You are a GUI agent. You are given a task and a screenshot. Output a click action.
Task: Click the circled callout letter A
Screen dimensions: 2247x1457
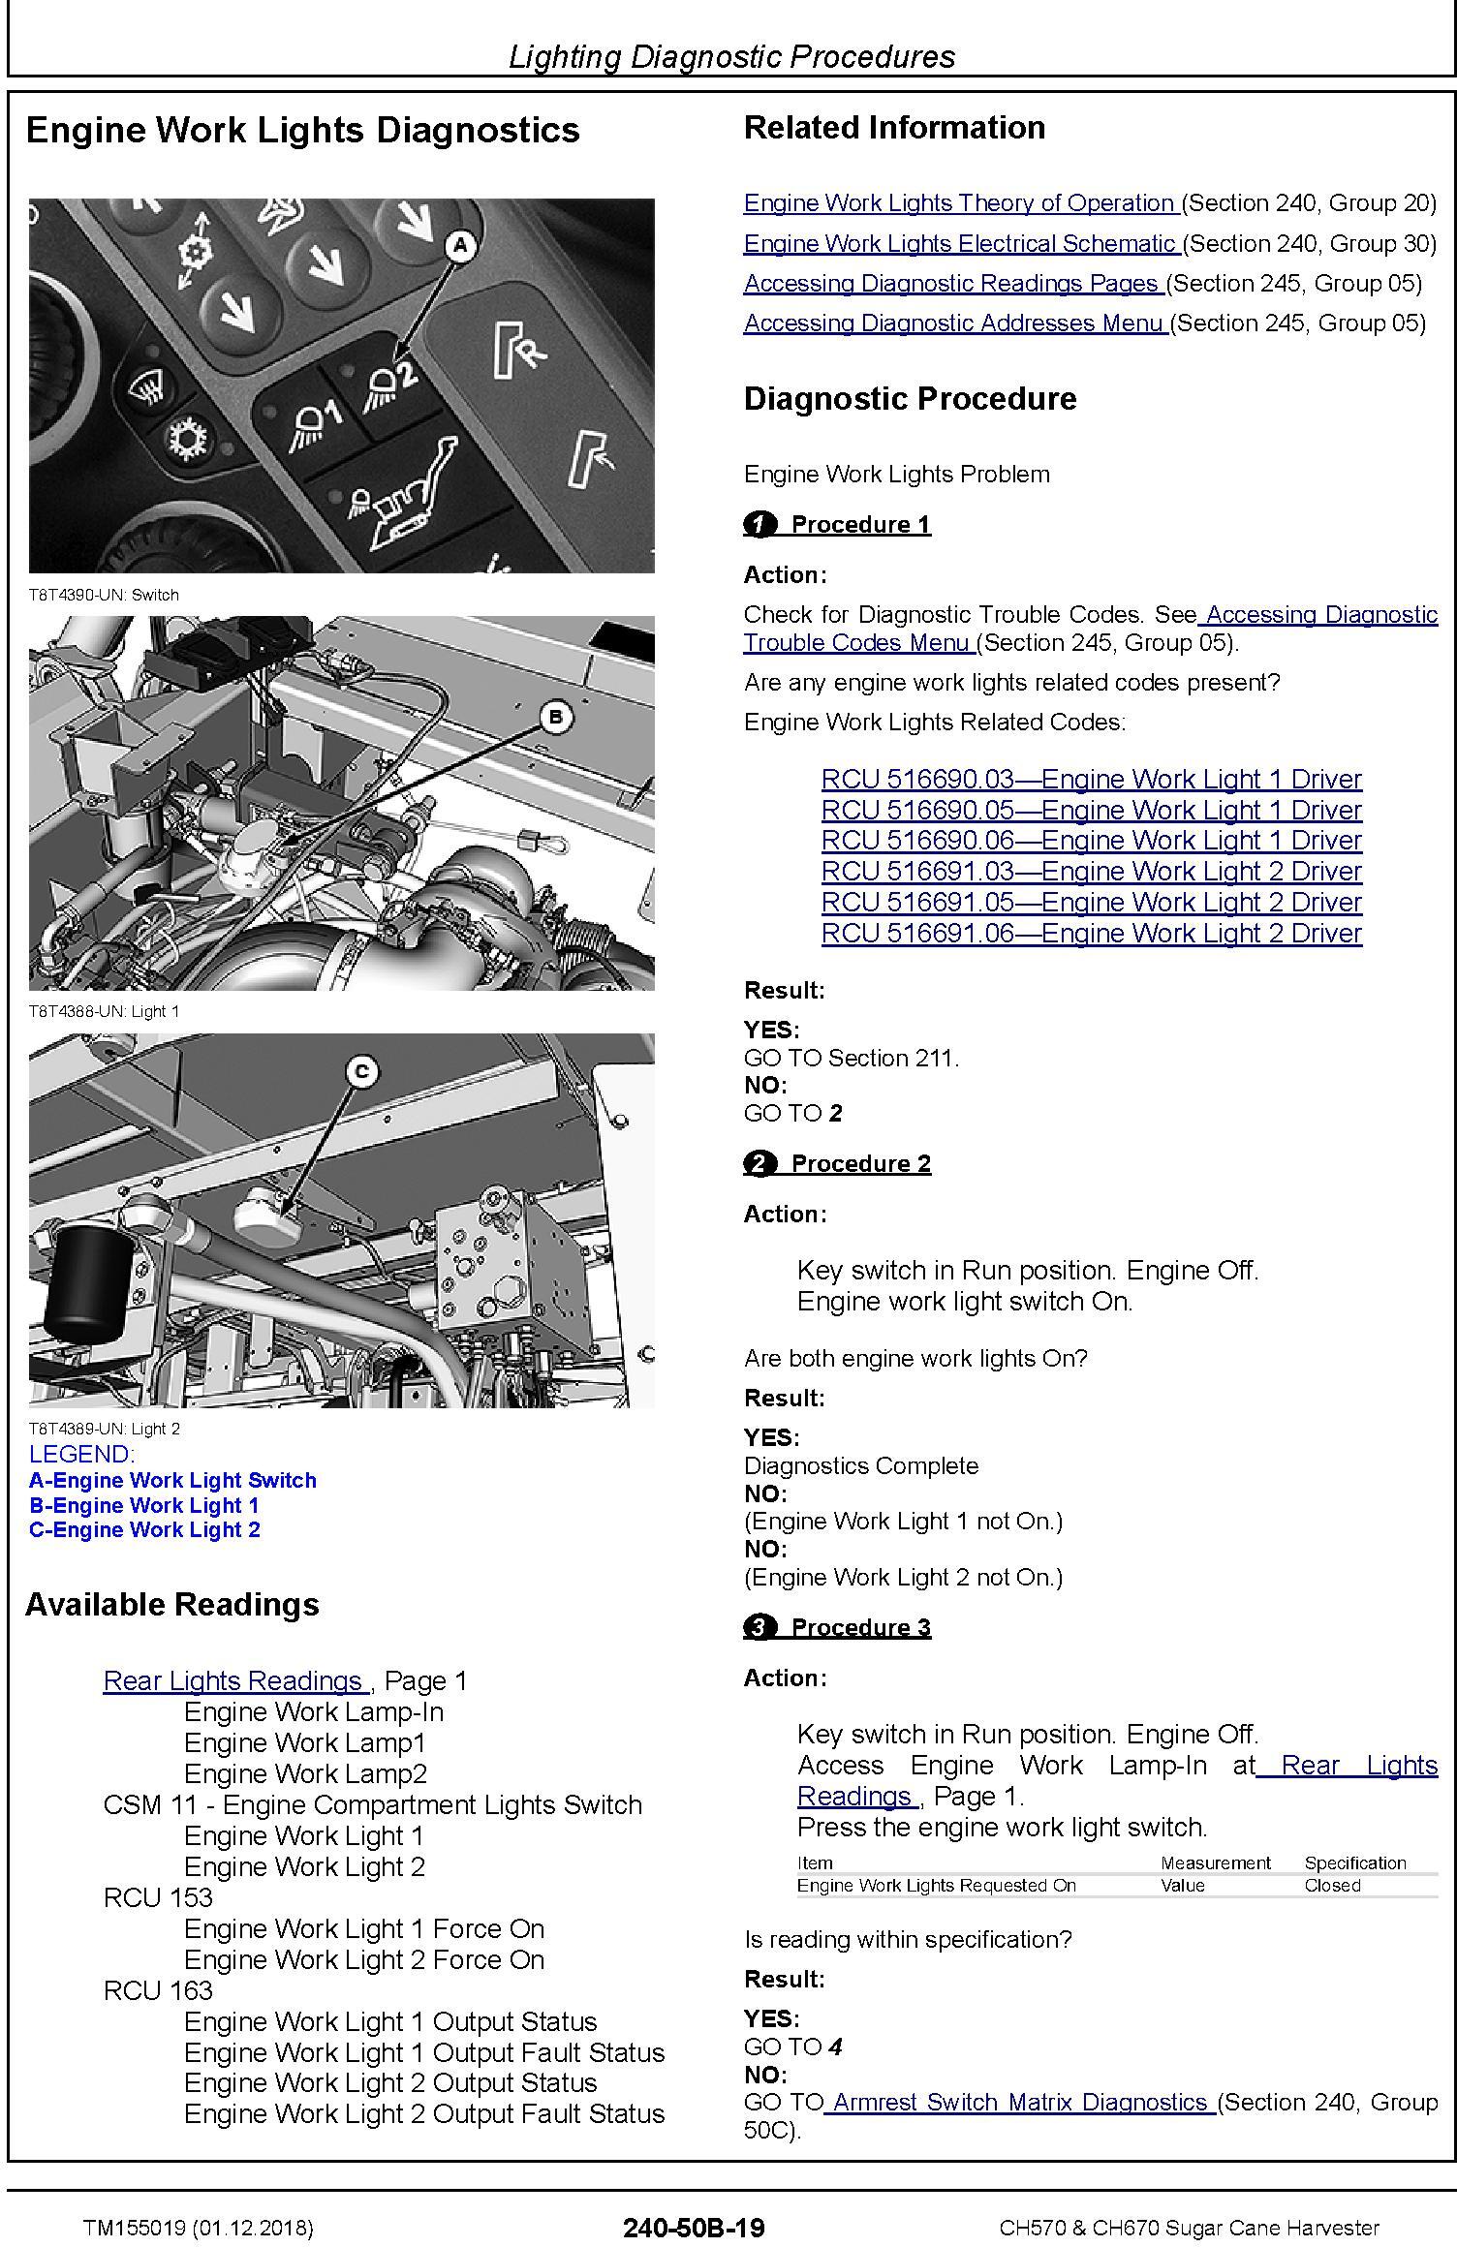pos(460,245)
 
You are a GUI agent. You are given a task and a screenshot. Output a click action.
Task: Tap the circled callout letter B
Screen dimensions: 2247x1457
pos(555,717)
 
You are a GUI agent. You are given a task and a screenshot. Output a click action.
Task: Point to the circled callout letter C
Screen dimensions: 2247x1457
pos(361,1071)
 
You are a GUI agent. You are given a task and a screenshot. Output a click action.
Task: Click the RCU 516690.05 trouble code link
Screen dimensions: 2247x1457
pos(1091,810)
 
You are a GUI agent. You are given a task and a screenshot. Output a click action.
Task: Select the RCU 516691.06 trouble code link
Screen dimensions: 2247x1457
pos(1091,933)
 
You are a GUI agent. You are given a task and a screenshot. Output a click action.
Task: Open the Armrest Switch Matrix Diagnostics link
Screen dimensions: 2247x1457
pos(1020,2102)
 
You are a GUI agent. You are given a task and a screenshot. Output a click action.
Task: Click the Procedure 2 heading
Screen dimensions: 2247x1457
pos(860,1163)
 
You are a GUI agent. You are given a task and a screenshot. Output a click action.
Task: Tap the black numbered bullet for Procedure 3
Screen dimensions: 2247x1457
pos(759,1627)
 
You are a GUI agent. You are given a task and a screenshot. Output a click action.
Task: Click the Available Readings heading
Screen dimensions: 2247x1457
pos(172,1605)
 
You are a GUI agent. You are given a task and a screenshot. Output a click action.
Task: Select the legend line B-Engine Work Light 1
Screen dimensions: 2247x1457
pos(144,1505)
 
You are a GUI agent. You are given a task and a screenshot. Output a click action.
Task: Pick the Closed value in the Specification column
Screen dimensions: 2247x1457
pos(1332,1885)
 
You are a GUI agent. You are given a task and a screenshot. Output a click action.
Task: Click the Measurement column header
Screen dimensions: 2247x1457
pos(1215,1862)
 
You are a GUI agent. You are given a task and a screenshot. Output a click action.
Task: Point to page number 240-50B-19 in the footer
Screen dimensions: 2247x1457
pos(694,2228)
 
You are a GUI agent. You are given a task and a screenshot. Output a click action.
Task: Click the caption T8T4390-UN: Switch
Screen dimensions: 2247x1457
pos(104,595)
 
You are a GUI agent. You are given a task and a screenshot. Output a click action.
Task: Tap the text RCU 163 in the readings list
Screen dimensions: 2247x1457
pos(158,1990)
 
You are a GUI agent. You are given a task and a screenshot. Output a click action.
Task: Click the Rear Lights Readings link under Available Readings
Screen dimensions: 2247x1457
pos(234,1680)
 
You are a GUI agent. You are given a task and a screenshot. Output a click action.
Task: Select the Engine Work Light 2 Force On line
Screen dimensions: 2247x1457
pos(364,1959)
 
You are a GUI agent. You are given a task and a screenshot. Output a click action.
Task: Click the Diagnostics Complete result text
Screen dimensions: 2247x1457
pos(860,1465)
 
